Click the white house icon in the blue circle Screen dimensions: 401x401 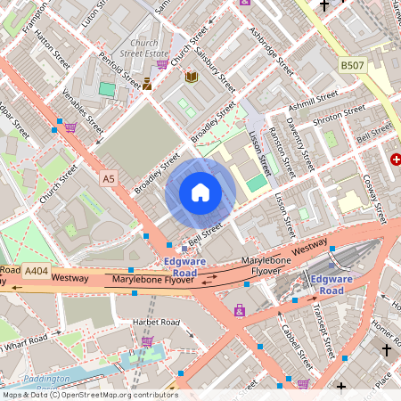click(200, 192)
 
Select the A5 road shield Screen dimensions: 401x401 click(108, 179)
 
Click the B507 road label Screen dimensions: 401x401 click(353, 64)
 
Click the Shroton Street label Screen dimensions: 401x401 click(340, 119)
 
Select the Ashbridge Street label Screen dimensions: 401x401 click(271, 53)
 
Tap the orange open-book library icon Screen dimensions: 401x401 click(191, 78)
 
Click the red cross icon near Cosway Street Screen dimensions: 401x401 click(395, 159)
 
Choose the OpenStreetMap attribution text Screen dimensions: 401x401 click(89, 395)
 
